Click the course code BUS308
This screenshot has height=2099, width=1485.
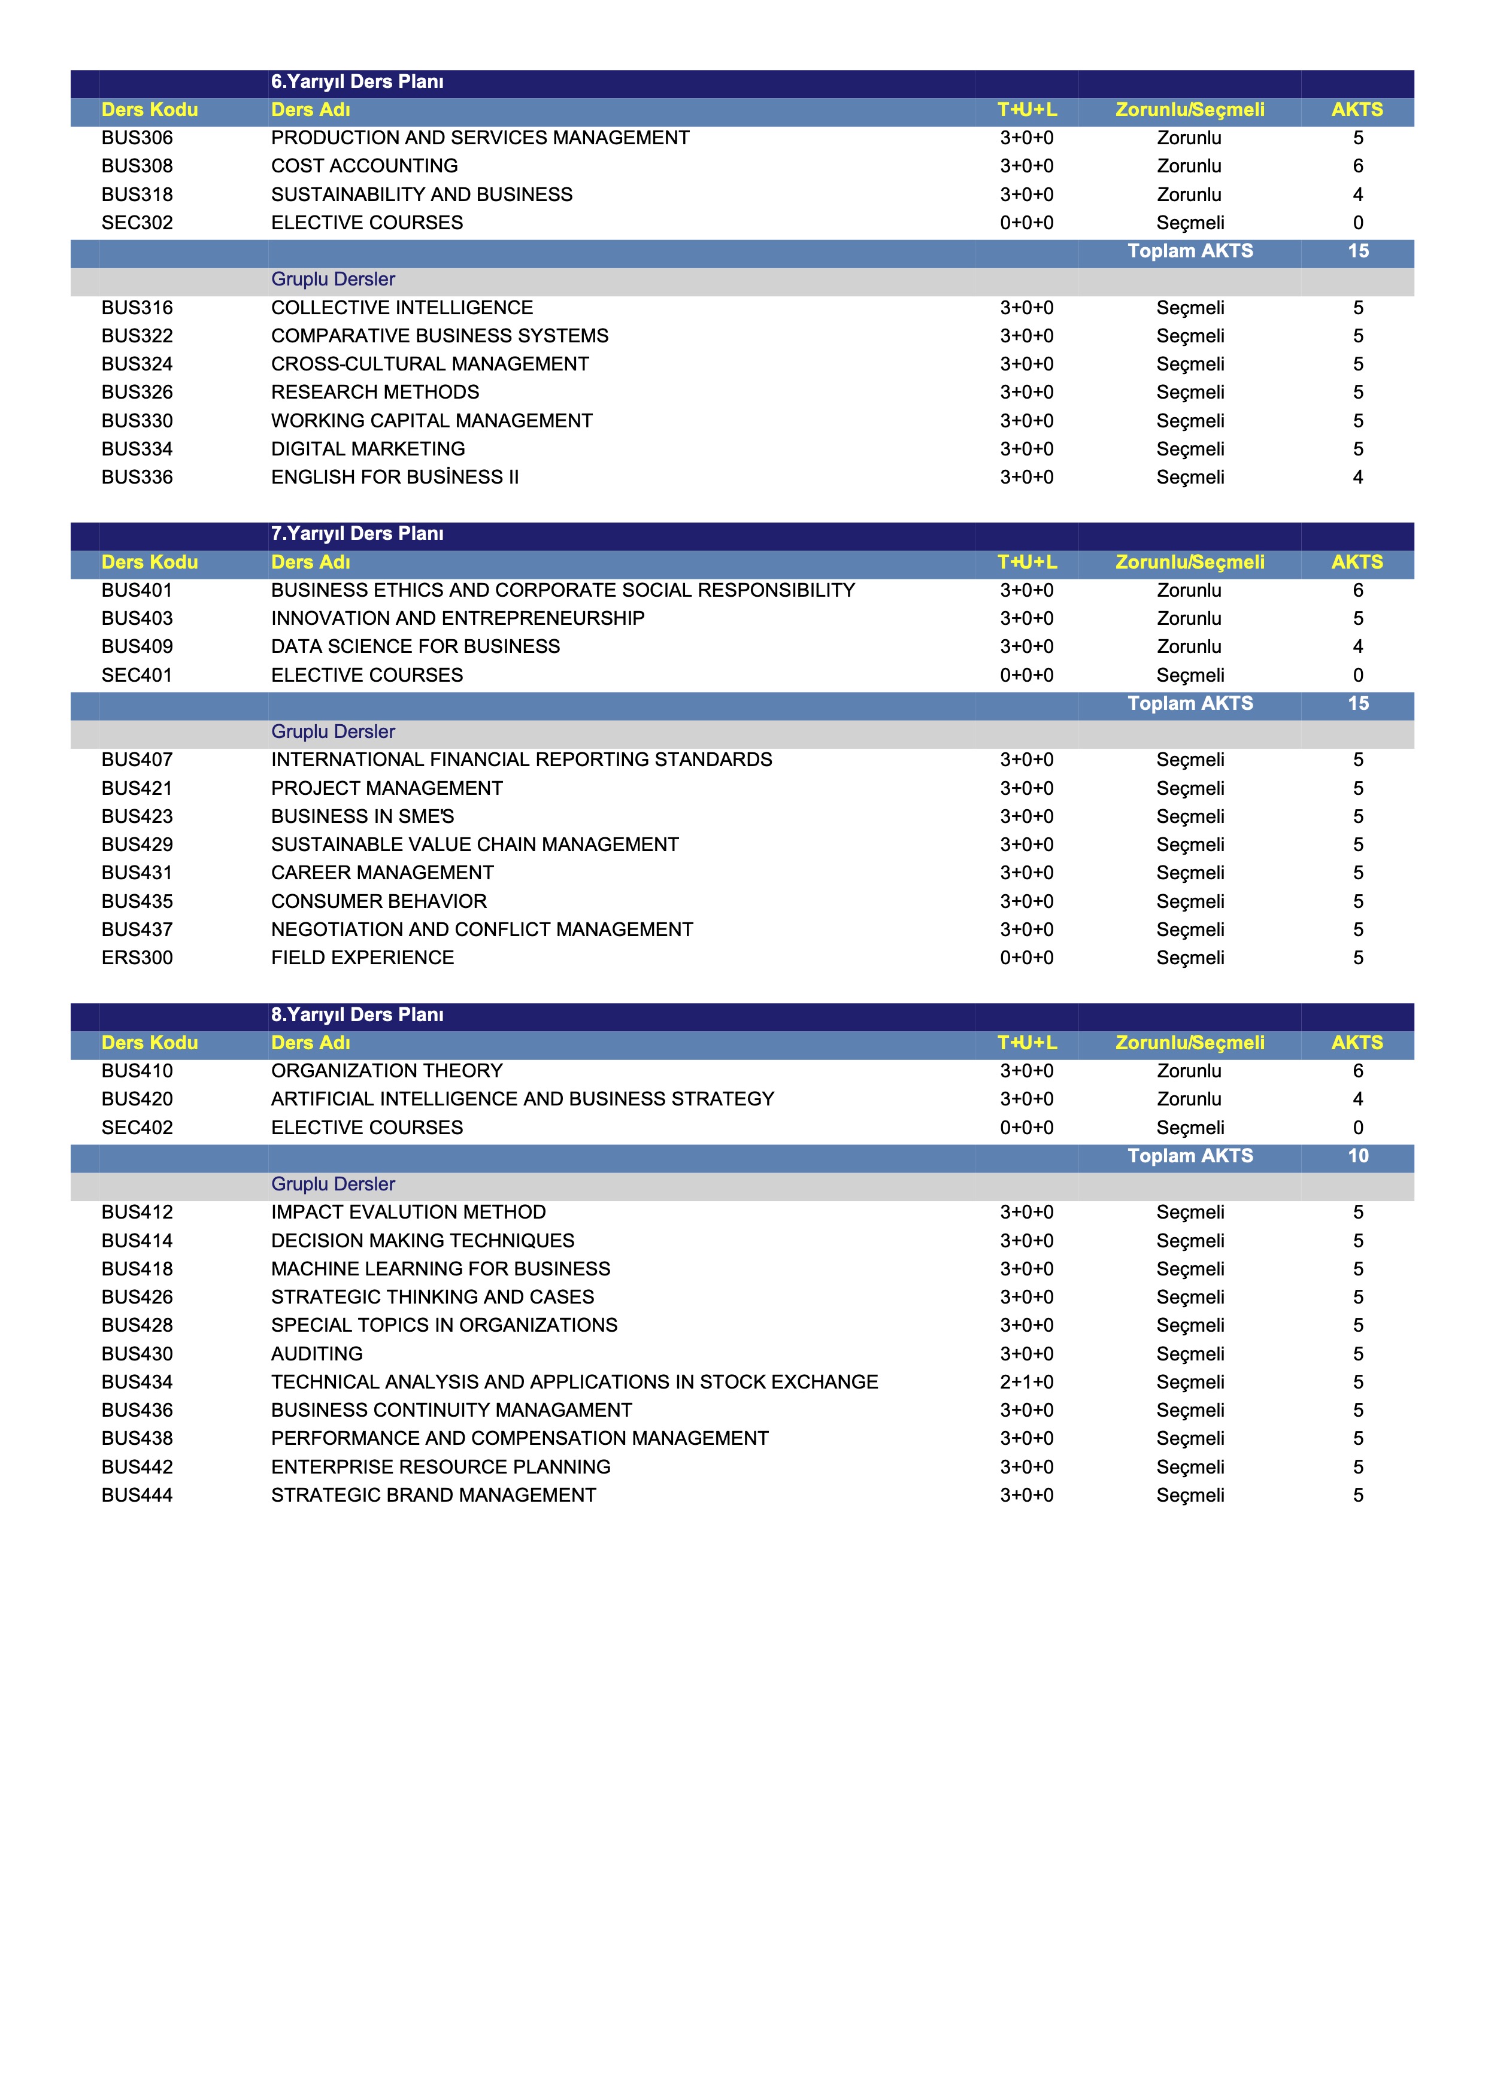(137, 166)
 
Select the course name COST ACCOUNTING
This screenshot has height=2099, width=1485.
(364, 166)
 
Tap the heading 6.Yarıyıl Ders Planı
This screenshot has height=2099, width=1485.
(357, 82)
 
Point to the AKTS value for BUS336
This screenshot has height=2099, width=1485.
(1358, 477)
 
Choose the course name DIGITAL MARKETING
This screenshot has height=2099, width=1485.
(368, 449)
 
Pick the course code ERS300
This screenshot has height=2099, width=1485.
(137, 958)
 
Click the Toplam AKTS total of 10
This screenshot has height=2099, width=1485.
(1358, 1156)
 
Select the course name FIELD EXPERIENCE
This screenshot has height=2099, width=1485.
(362, 958)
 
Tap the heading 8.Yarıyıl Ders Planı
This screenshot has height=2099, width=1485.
(357, 1014)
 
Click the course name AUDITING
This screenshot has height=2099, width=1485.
(316, 1354)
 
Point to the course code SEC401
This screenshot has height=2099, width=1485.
(137, 676)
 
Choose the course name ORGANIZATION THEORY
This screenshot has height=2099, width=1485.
(387, 1071)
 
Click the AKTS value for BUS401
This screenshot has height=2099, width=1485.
(1358, 591)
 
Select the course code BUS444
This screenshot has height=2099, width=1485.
(137, 1496)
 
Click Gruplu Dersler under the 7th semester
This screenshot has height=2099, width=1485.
(333, 732)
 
